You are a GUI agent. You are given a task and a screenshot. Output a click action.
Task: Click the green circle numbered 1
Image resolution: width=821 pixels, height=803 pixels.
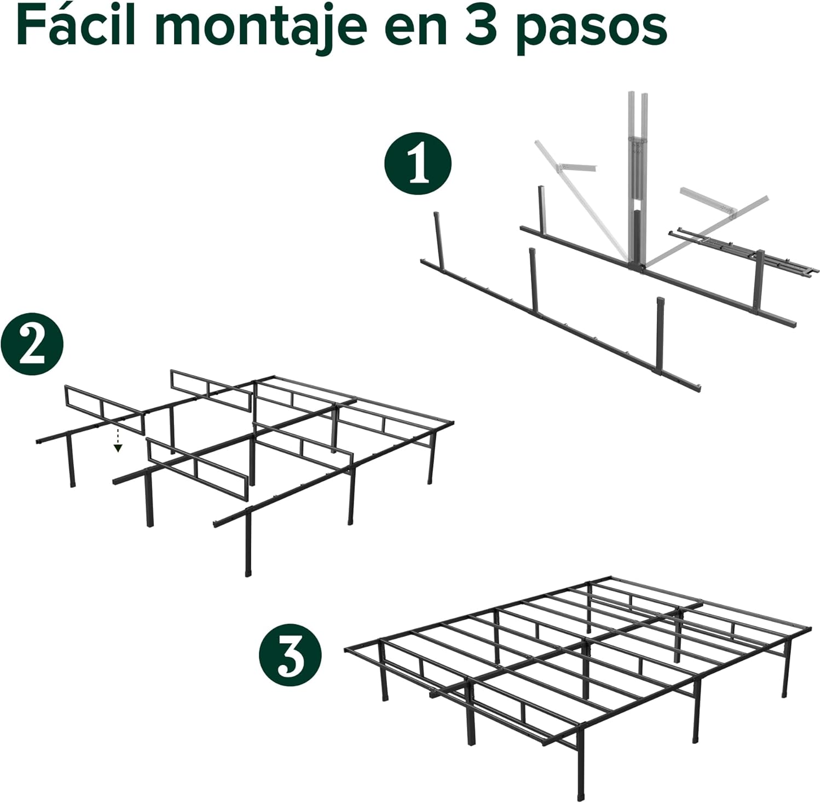coord(418,163)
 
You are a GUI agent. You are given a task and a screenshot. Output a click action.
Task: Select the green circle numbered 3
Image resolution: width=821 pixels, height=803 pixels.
coord(290,656)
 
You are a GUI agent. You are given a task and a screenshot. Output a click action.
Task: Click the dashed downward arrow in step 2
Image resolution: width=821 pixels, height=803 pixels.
coord(117,441)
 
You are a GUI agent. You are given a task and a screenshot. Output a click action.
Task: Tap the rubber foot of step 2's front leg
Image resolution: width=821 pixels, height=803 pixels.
coord(248,572)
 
